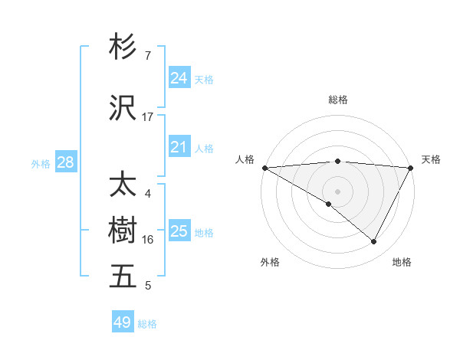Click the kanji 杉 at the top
coord(123,47)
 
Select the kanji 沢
coord(123,108)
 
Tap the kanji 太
coord(123,185)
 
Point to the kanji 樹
coord(123,231)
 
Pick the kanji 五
coord(123,276)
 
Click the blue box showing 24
coord(179,78)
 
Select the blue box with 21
coord(179,147)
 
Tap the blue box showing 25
coord(179,231)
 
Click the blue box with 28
coord(65,162)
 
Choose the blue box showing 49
coord(123,322)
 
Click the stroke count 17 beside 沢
coord(148,117)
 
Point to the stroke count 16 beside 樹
coord(148,240)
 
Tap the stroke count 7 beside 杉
coord(148,56)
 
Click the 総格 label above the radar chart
coord(337,100)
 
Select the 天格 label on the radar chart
coord(432,159)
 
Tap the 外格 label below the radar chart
coord(270,262)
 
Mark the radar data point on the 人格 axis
coord(264,168)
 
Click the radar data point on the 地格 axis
coord(374,242)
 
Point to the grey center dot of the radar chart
coord(337,191)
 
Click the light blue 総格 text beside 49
coord(147,324)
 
